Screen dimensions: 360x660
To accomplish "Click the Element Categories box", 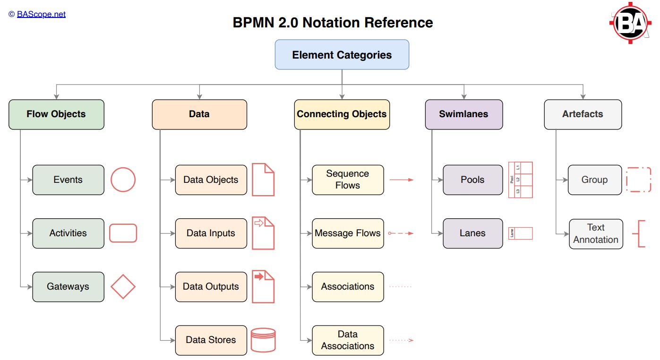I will pos(342,55).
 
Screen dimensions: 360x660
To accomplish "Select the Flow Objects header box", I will pos(56,114).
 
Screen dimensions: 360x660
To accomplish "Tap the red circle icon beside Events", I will pos(123,180).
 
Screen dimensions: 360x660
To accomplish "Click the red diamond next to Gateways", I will pos(123,287).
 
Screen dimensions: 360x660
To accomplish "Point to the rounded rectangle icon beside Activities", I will pos(123,233).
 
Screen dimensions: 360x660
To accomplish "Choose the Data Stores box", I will pos(211,340).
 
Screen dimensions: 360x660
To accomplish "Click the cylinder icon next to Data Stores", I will pos(263,340).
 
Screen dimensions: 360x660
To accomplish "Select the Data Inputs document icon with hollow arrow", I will pos(263,233).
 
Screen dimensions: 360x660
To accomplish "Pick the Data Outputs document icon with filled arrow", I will pos(263,286).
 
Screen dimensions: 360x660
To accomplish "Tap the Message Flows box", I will pos(348,233).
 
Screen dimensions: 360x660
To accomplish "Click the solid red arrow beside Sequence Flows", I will pos(401,180).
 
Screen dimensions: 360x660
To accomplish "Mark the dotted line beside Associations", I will pos(400,287).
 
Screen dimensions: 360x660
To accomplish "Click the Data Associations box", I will pos(348,340).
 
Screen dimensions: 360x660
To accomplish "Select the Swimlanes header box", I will pos(463,114).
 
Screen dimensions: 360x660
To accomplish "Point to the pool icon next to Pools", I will pos(520,180).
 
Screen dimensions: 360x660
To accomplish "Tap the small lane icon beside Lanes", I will pos(520,233).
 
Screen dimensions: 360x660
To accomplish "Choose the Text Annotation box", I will pos(596,234).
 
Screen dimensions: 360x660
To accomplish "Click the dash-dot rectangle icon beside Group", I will pos(639,180).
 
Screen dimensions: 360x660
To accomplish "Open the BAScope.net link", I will pos(41,14).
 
